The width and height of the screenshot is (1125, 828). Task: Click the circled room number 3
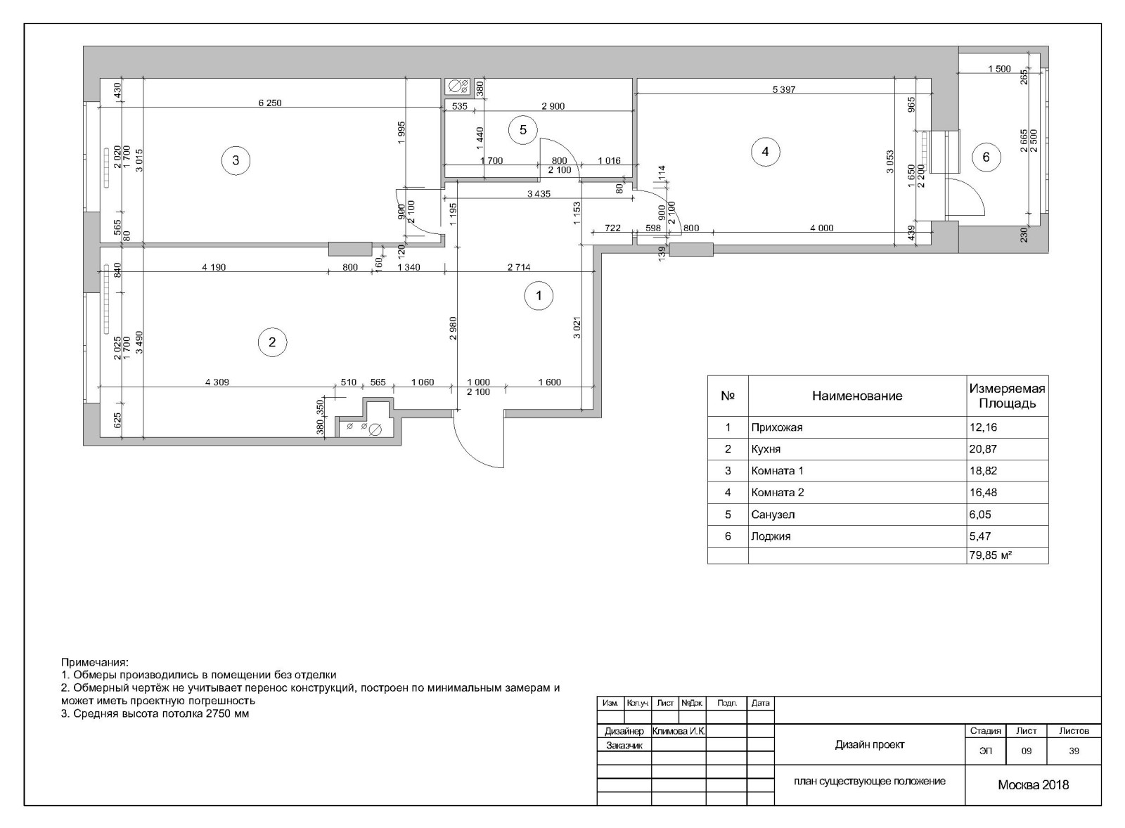tap(236, 161)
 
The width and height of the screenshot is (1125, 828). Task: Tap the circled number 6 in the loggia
tap(986, 157)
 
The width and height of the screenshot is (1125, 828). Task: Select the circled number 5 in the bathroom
tap(523, 130)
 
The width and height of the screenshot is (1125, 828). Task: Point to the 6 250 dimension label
tap(270, 103)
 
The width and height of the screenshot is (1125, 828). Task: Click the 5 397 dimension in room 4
tap(784, 90)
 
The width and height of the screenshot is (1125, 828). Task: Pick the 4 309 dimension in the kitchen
tap(217, 382)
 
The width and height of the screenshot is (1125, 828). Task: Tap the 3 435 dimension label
tap(539, 194)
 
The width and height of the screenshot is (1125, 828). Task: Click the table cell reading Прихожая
tap(777, 427)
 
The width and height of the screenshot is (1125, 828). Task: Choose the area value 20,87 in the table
tap(983, 449)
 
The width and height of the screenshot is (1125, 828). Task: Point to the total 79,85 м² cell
tap(990, 555)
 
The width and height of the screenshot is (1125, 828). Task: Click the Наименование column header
tap(857, 396)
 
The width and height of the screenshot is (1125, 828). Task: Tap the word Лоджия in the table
tap(771, 536)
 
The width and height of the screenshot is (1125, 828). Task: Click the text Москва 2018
tap(1033, 785)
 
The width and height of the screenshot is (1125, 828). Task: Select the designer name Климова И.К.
tap(679, 732)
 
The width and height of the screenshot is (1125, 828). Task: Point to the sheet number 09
tap(1026, 751)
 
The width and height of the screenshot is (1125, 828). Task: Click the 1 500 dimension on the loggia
tap(999, 70)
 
